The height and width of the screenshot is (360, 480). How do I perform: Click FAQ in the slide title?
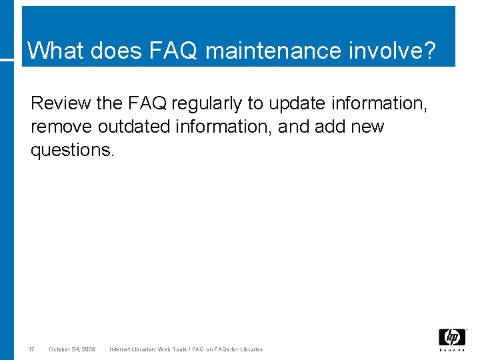click(179, 50)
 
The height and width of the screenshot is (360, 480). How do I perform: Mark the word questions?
click(73, 150)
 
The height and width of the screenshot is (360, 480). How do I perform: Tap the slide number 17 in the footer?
click(31, 349)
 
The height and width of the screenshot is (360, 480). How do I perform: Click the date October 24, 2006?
click(72, 349)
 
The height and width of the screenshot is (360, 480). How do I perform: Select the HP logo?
click(452, 339)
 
